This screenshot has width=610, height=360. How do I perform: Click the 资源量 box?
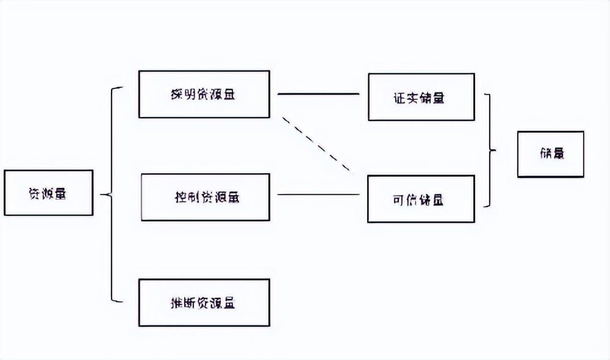pos(48,193)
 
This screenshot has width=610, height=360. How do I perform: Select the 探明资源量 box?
pos(204,94)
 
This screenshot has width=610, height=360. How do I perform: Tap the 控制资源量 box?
pos(205,197)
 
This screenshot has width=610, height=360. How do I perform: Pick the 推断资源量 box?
pos(204,303)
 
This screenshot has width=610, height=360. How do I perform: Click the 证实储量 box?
pos(421,97)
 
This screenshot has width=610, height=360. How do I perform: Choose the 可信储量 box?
pos(421,199)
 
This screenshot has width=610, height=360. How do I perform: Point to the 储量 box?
pos(550,154)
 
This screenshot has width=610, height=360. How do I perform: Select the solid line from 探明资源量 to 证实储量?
pos(318,94)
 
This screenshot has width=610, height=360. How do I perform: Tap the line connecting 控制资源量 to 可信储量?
pos(318,195)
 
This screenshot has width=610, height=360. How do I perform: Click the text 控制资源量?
pos(205,198)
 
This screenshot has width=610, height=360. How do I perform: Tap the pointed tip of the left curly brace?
pos(102,195)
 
